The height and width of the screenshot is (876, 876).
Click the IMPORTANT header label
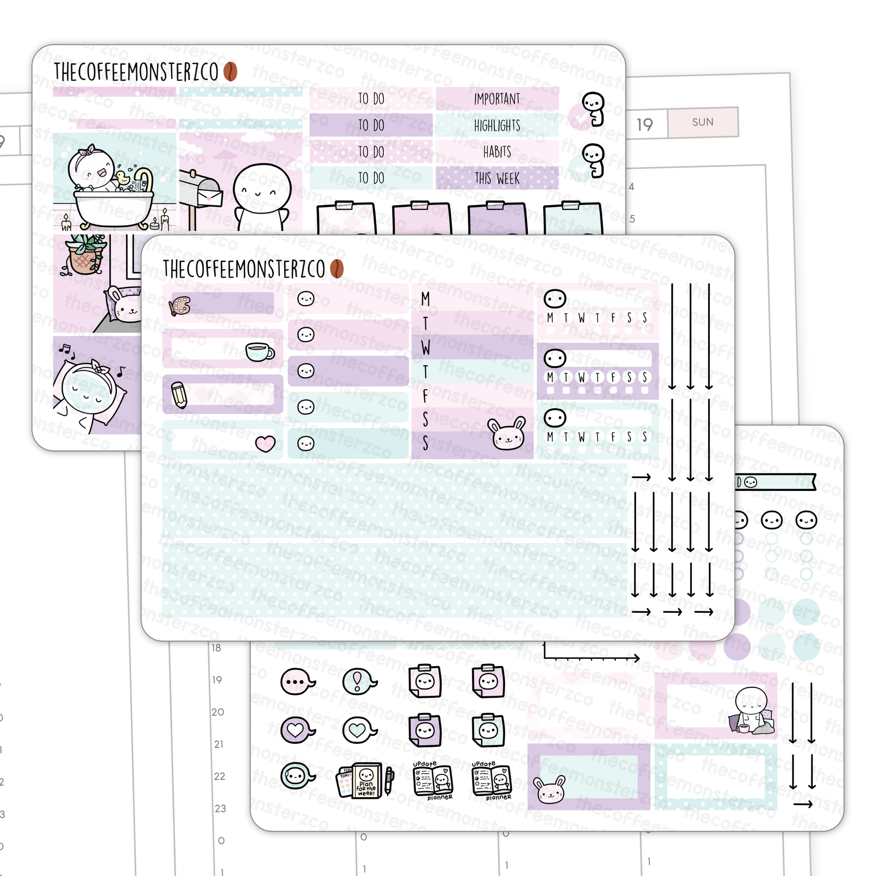pos(497,99)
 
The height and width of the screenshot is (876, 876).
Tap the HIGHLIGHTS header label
pos(497,126)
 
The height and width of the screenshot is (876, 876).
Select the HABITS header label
pos(497,152)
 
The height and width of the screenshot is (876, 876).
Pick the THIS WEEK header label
pos(497,179)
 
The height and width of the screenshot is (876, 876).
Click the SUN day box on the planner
pos(703,122)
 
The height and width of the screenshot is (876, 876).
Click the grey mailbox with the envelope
pos(199,191)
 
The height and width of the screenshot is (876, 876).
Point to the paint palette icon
pos(180,306)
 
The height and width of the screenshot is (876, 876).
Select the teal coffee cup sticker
pos(259,351)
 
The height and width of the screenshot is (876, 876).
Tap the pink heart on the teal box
pos(265,443)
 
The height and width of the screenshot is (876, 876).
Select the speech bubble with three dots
pos(297,682)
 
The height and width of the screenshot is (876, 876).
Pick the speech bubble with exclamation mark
pos(358,682)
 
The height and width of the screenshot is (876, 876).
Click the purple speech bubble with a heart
pos(297,730)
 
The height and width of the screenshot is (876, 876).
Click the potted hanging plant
pos(85,254)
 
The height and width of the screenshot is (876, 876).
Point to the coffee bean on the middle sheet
pos(336,269)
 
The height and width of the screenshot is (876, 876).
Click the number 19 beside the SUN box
pos(644,125)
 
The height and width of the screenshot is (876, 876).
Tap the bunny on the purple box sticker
pos(549,790)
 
